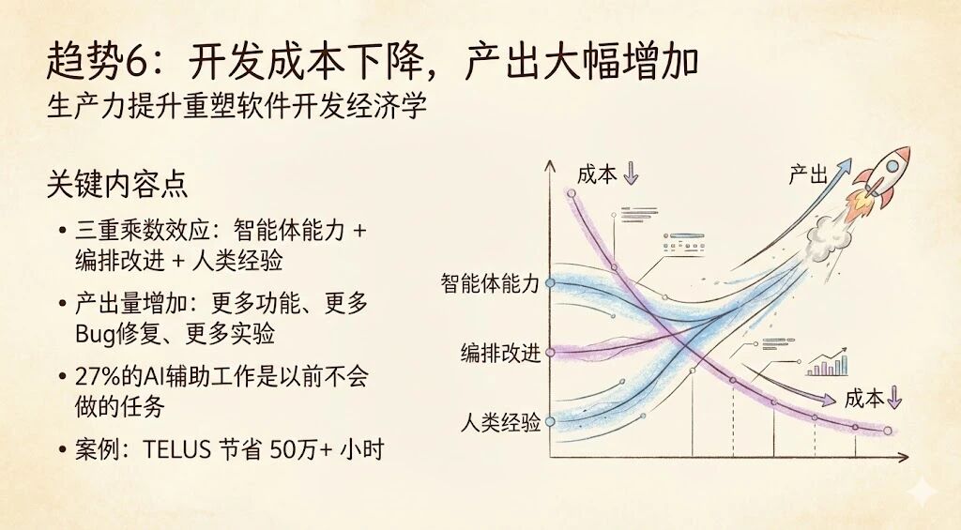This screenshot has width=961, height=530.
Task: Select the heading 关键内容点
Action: [x=117, y=184]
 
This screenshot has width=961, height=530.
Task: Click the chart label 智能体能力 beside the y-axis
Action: [x=490, y=284]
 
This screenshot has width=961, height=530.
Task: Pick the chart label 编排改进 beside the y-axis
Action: [x=500, y=354]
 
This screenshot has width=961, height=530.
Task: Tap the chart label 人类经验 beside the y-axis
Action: [x=500, y=423]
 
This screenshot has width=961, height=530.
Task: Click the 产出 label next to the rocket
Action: [x=808, y=175]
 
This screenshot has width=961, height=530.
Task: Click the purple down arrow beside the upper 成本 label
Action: [x=631, y=174]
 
